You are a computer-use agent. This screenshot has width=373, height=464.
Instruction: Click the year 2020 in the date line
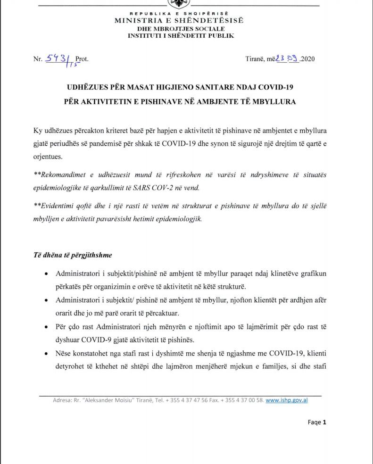coord(307,59)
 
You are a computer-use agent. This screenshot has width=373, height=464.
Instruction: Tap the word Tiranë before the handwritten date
coord(255,59)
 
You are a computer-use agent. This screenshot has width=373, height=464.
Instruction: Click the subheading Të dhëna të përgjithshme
coord(72,255)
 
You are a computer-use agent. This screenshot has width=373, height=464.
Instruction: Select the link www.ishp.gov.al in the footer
coord(286,400)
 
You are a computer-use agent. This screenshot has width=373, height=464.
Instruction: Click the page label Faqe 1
coord(317,422)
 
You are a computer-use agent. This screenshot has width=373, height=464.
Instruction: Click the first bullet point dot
coord(45,274)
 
